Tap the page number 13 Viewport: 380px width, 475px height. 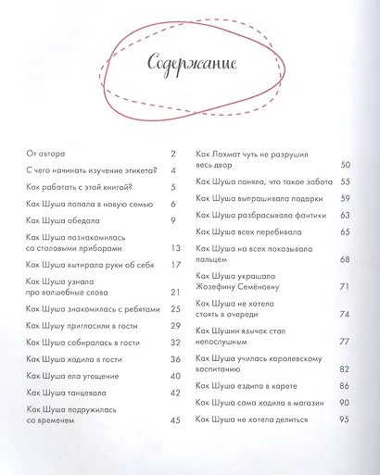click(174, 248)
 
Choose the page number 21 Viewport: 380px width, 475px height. click(174, 293)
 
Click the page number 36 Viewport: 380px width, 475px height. click(174, 358)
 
